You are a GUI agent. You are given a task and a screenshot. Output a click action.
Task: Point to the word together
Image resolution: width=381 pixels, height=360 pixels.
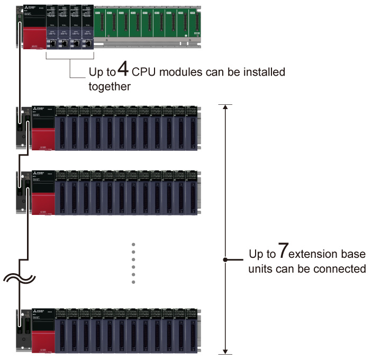click(x=110, y=86)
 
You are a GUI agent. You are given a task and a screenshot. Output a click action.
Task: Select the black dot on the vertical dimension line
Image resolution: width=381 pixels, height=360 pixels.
click(x=226, y=260)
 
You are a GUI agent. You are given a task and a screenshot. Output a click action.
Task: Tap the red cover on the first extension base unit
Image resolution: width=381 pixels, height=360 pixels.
click(x=43, y=137)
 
